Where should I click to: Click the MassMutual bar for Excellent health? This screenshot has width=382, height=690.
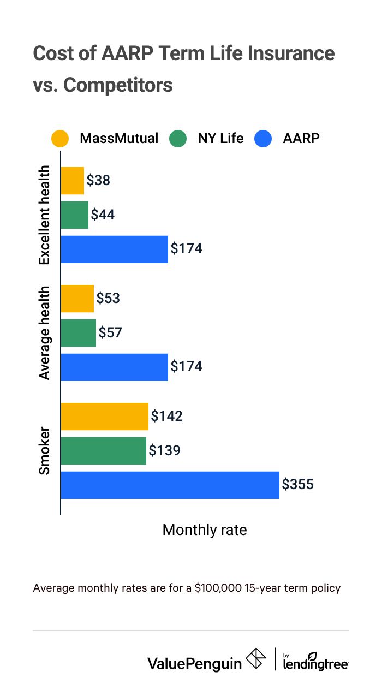[72, 181]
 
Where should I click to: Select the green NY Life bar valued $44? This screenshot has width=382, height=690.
[74, 215]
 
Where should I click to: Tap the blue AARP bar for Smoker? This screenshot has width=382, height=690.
[170, 485]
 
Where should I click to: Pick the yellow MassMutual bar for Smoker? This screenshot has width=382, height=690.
[104, 417]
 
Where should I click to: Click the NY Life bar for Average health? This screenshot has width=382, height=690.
[78, 333]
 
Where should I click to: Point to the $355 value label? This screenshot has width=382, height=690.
[298, 484]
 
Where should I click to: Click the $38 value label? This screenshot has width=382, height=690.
[99, 181]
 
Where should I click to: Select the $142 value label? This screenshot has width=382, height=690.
[166, 417]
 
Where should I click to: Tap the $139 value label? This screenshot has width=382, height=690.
[164, 451]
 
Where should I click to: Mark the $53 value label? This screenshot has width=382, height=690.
[108, 299]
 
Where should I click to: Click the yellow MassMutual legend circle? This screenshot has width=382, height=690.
[60, 139]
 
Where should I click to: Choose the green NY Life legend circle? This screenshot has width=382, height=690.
[178, 139]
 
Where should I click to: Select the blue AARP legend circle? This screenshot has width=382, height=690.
[263, 139]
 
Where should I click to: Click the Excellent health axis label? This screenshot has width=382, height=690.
[44, 215]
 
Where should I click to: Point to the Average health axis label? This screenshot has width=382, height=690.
[44, 332]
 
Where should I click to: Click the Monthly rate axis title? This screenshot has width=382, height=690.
[205, 530]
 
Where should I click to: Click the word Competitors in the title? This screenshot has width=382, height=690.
[118, 85]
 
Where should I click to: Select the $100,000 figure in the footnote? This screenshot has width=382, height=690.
[217, 588]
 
